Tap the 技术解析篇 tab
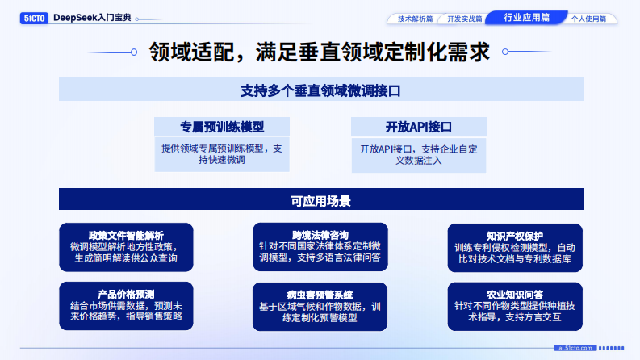coord(416,18)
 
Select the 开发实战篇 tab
coord(464,18)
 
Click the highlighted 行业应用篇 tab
coord(526,17)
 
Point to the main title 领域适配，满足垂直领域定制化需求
coord(320,52)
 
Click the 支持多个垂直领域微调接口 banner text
coord(320,90)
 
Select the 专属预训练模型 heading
coord(222,127)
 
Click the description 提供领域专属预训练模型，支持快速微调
coord(222,154)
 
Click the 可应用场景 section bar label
coord(320,199)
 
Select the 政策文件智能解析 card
coord(126,247)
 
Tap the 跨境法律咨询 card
coord(320,247)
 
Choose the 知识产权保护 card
coord(515,247)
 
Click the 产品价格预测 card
coord(126,306)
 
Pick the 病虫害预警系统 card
coord(320,306)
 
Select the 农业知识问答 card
coord(515,306)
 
